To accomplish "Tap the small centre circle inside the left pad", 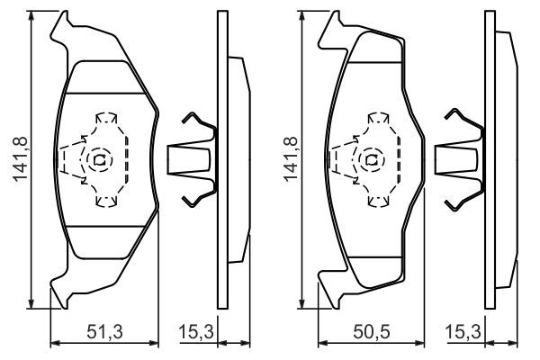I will (98, 161).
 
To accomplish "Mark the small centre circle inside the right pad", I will (368, 161).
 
